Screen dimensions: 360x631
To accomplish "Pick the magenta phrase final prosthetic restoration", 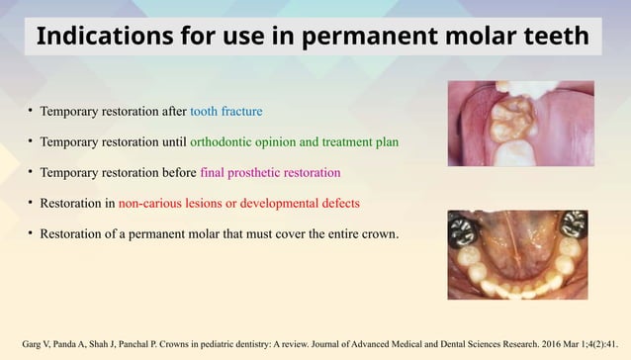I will (x=270, y=173).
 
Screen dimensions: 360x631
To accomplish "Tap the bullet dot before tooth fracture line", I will (x=30, y=109).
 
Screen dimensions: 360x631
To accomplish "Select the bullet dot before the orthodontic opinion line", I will (x=30, y=141).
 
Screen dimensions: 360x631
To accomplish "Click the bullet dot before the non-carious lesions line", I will (x=30, y=205).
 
